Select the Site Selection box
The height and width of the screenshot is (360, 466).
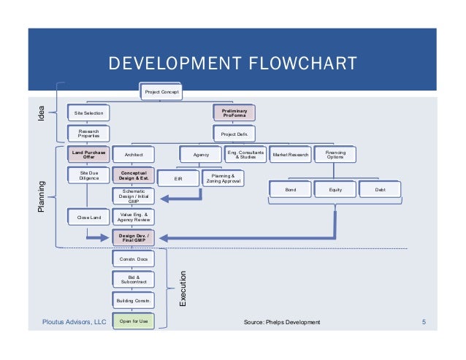coord(88,113)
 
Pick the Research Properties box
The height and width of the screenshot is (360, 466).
coord(88,134)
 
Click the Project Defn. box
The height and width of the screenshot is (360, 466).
coord(234,134)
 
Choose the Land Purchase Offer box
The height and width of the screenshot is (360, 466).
coord(88,155)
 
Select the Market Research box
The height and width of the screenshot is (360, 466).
coord(291,155)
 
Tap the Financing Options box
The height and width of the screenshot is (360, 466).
coord(335,155)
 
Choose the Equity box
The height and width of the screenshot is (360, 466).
coord(335,189)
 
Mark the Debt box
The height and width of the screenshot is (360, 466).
coord(381,189)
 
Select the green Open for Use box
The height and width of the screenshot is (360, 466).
coord(133,321)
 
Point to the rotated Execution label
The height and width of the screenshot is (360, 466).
coord(183,289)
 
